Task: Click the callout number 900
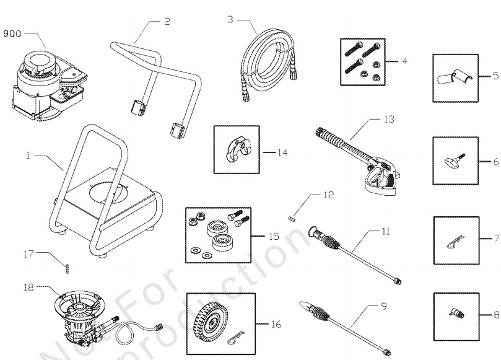pyautogui.click(x=13, y=34)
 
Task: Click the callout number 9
pyautogui.click(x=384, y=306)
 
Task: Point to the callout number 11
pyautogui.click(x=386, y=232)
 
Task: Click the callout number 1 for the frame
pyautogui.click(x=28, y=157)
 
